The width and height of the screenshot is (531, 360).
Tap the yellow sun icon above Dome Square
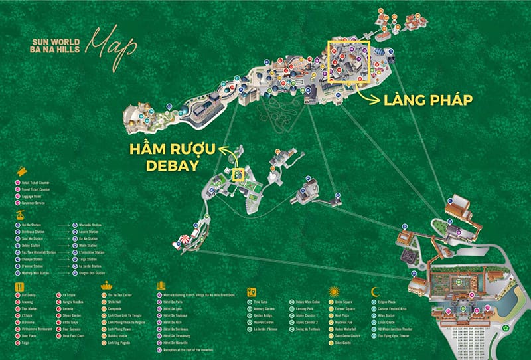[x=335, y=290]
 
